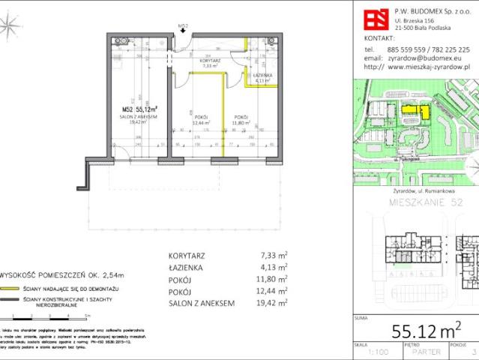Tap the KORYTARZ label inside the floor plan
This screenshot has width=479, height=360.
pyautogui.click(x=209, y=59)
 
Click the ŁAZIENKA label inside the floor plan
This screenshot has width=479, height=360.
pyautogui.click(x=262, y=76)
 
